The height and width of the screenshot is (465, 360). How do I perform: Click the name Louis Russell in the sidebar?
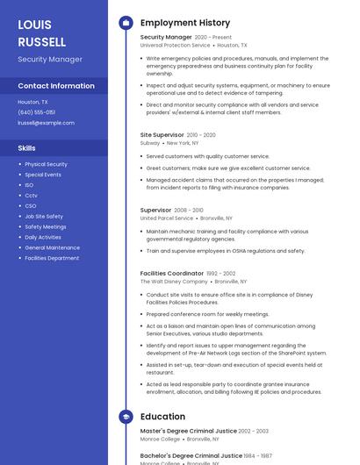pyautogui.click(x=41, y=32)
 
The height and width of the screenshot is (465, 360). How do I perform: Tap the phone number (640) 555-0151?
pyautogui.click(x=36, y=112)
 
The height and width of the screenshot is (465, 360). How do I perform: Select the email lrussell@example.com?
pyautogui.click(x=46, y=123)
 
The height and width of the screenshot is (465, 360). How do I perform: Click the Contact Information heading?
pyautogui.click(x=56, y=86)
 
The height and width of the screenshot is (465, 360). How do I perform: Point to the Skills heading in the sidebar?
pyautogui.click(x=27, y=148)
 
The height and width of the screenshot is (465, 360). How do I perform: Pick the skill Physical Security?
pyautogui.click(x=46, y=164)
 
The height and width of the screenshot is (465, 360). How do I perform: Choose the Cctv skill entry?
pyautogui.click(x=31, y=195)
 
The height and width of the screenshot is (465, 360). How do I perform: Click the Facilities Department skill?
pyautogui.click(x=52, y=258)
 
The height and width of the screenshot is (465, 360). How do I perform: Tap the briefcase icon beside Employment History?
pyautogui.click(x=126, y=23)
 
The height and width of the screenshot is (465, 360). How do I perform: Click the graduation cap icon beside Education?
pyautogui.click(x=126, y=417)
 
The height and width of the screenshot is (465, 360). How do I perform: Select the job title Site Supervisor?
pyautogui.click(x=162, y=135)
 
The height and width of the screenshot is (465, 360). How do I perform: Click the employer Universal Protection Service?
pyautogui.click(x=175, y=45)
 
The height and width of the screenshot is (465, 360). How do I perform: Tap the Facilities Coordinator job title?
pyautogui.click(x=172, y=274)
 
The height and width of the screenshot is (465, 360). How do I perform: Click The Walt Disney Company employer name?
pyautogui.click(x=174, y=282)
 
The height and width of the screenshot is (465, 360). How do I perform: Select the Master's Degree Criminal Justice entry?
pyautogui.click(x=189, y=431)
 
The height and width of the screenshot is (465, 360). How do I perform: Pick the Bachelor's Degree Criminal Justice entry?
pyautogui.click(x=191, y=456)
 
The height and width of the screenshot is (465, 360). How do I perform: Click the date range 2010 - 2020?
pyautogui.click(x=201, y=135)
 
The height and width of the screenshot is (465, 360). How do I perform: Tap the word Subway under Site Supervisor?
pyautogui.click(x=150, y=142)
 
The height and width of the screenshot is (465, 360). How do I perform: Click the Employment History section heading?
pyautogui.click(x=185, y=23)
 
